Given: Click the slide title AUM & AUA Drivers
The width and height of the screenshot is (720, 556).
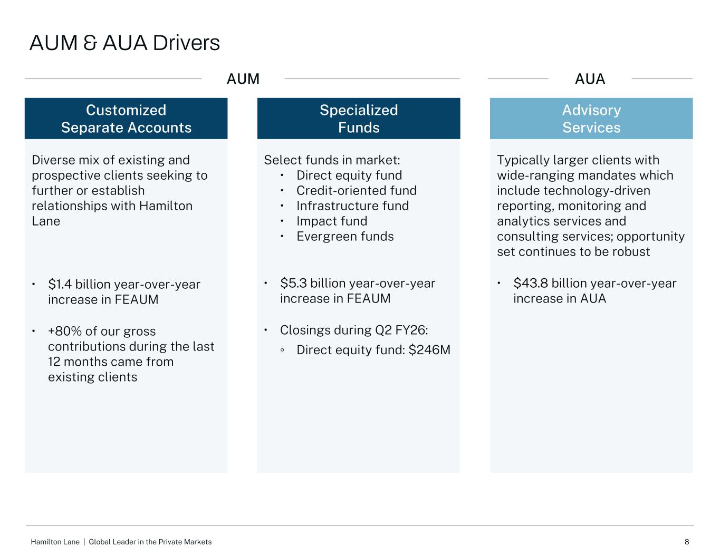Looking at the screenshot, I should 124,43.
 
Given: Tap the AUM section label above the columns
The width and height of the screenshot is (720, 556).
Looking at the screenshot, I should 243,79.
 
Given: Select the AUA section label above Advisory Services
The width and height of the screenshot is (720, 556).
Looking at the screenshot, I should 590,79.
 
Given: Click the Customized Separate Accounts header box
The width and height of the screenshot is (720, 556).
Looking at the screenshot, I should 126,119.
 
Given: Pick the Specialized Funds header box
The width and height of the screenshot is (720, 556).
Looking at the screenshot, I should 359,119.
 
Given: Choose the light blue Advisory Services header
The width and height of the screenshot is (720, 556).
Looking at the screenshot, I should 591,119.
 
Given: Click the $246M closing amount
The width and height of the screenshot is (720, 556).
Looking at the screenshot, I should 429,350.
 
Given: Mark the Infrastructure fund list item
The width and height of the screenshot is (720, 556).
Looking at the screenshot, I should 352,206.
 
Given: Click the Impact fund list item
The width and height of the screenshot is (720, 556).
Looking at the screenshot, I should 332,221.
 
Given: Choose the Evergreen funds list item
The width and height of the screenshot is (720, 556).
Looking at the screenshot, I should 345,237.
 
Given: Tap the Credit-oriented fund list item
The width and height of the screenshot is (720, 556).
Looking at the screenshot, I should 356,191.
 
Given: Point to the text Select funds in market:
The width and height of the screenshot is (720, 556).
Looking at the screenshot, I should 332,160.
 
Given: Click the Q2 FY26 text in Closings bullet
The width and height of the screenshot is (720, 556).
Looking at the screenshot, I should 401,330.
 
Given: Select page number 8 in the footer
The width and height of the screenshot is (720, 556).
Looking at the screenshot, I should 687,542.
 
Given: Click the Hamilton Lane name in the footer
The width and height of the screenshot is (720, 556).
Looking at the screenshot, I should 55,542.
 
